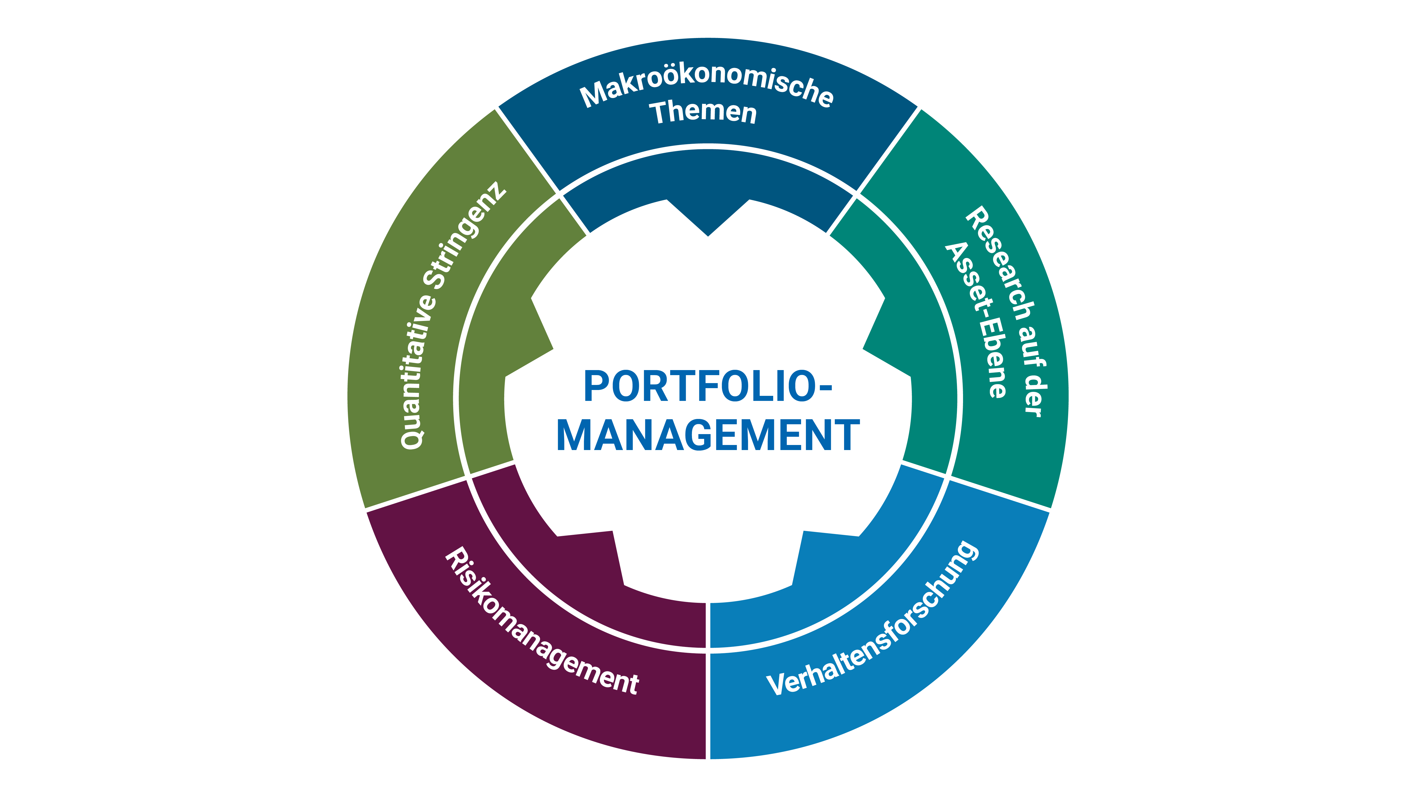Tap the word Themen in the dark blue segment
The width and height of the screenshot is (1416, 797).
pos(704,113)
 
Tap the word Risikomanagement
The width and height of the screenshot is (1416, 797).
pos(541,622)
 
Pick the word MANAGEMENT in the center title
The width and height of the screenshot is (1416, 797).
pos(708,436)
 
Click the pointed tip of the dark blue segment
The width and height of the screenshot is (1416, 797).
pos(708,234)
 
